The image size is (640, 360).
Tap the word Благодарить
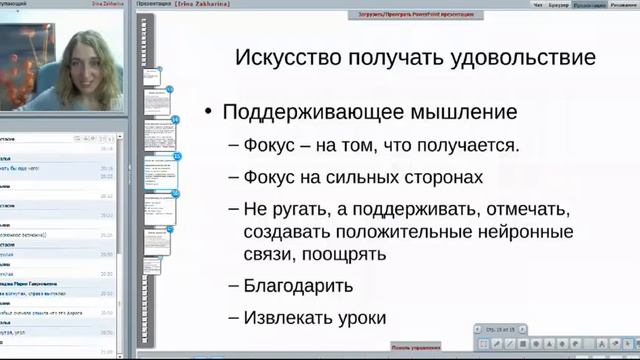tap(298, 286)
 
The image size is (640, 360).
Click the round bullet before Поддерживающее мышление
tap(207, 112)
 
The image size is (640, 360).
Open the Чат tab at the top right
tap(539, 4)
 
